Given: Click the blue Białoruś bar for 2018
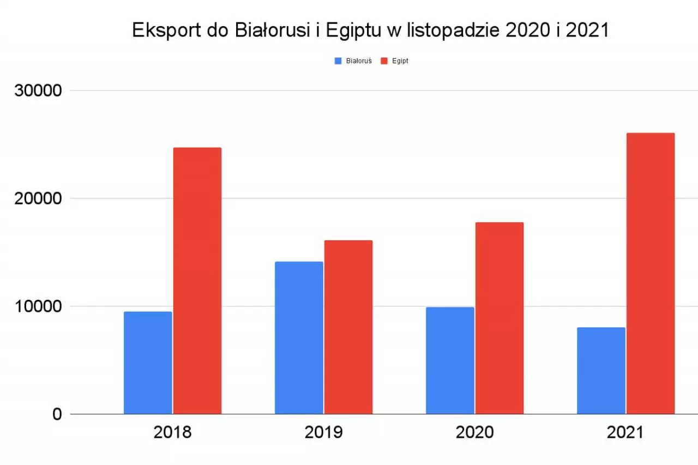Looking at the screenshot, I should point(148,363).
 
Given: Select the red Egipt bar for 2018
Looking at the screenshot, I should point(197,281).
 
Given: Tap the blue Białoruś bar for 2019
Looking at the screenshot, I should point(299,337).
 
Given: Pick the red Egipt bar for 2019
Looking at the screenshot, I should point(348,327).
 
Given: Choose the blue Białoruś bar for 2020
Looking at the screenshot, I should point(450,360).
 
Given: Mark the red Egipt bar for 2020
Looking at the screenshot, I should point(500,318).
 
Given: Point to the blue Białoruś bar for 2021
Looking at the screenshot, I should point(601,371).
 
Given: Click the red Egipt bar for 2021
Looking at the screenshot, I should point(651,273).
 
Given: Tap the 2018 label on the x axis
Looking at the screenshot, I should point(172,433).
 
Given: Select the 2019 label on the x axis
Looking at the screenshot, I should point(323,433).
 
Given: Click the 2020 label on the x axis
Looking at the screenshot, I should point(474,433).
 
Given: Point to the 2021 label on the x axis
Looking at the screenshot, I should point(625,433).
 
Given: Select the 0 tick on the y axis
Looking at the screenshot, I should point(57,414).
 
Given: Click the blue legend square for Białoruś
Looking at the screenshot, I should point(338,61).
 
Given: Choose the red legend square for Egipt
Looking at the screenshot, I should point(384,61).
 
